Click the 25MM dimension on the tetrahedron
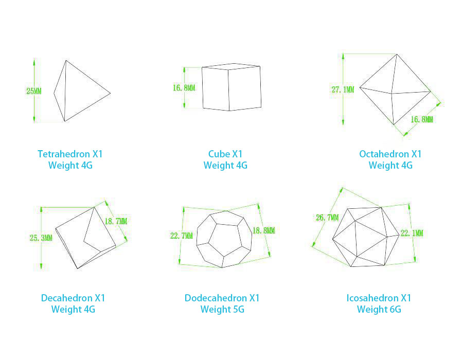34,91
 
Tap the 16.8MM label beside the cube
184,87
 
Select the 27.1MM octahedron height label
343,89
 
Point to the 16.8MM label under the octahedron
422,119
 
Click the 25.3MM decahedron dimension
41,238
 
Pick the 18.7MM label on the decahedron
116,221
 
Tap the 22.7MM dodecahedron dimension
181,236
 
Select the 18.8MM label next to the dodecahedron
264,230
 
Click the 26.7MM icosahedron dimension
327,218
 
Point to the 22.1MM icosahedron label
412,233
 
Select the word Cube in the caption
219,154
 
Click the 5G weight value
239,309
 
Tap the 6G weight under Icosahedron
396,309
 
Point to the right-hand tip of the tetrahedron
111,93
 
